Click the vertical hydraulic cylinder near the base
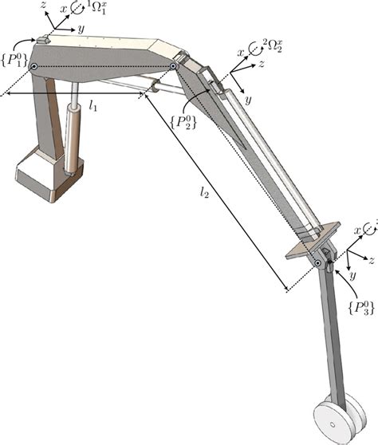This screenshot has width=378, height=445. (x=73, y=140)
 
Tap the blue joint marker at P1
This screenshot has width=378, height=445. (x=33, y=67)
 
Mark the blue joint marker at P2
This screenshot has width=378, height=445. (x=173, y=66)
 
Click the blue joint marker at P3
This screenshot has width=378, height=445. (x=318, y=262)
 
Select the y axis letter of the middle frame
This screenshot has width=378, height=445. (x=249, y=101)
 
